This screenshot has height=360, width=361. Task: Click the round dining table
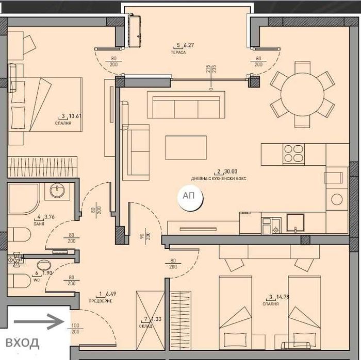tap(302, 94)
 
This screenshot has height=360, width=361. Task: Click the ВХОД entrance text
tap(22, 342)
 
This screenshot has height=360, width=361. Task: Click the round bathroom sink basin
tap(57, 192)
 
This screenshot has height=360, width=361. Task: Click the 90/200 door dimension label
tap(146, 235)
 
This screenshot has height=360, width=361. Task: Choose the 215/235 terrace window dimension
tap(210, 71)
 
